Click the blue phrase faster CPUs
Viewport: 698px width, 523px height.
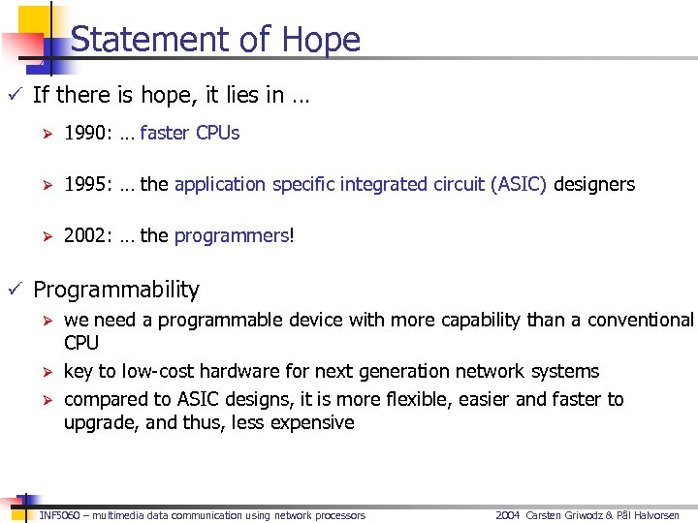(x=189, y=133)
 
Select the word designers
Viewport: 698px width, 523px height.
(x=594, y=184)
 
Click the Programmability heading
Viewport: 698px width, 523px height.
(x=115, y=290)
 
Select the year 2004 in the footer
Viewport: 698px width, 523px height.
(x=508, y=515)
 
